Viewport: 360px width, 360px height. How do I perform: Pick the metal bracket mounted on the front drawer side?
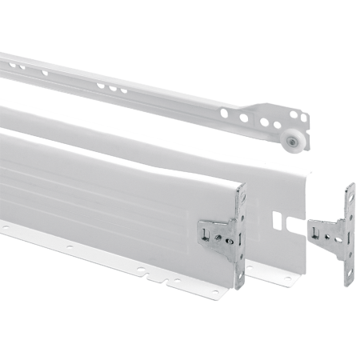[218, 236]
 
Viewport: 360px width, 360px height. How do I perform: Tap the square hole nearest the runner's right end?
[303, 118]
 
